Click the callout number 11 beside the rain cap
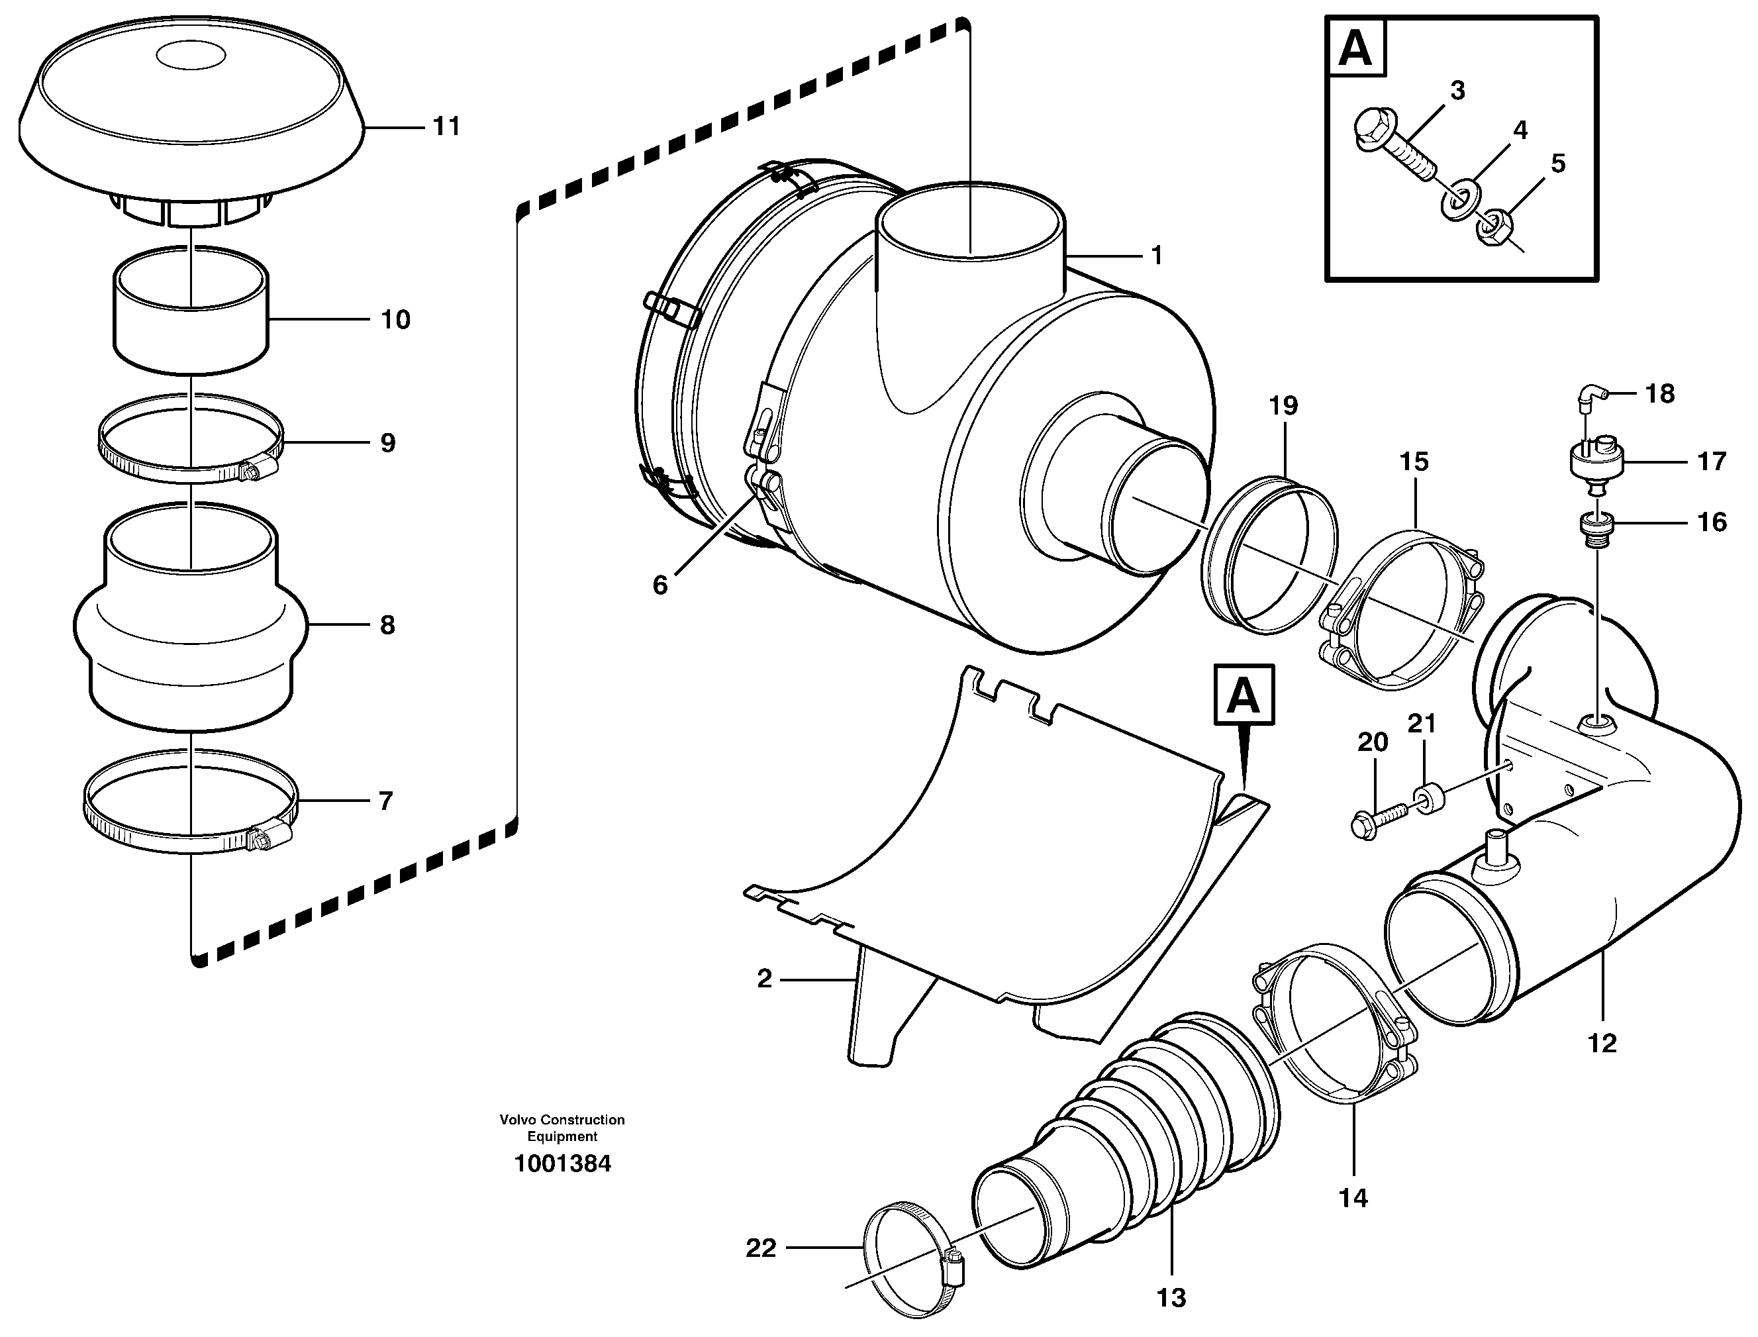tap(446, 126)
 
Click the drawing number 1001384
tap(562, 1164)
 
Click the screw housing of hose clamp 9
tap(260, 470)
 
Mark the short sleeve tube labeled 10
tap(191, 315)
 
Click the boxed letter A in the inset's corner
tap(1356, 48)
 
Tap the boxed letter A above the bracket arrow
tap(1244, 695)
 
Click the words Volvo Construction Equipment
tap(562, 1128)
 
